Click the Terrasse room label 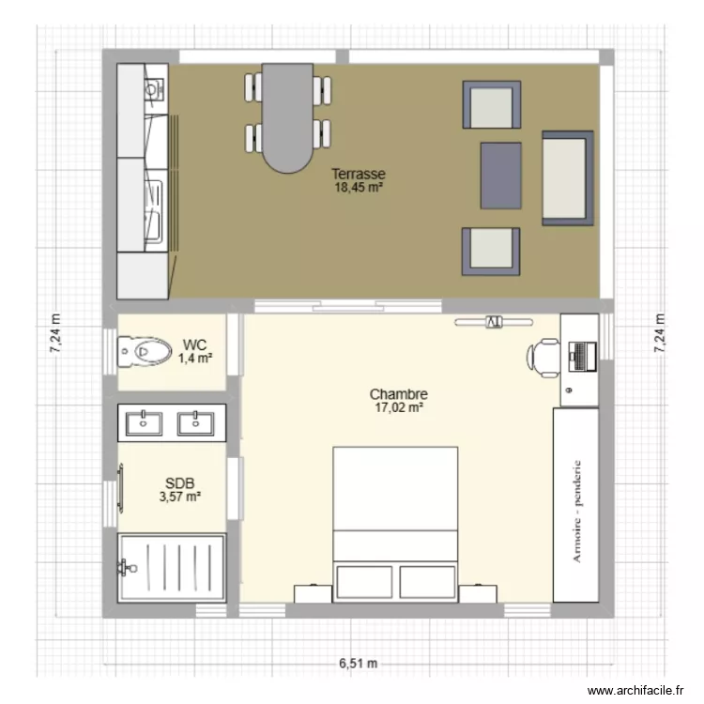click(x=359, y=174)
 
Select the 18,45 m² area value click(x=359, y=187)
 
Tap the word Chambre click(x=399, y=394)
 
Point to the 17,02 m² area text click(x=399, y=407)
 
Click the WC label click(x=195, y=344)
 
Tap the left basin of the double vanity click(x=145, y=422)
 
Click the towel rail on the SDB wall click(x=120, y=488)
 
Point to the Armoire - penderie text click(x=576, y=510)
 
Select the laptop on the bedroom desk click(x=581, y=355)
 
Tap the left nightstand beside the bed click(x=313, y=593)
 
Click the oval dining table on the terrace click(x=287, y=117)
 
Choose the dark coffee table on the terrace click(x=500, y=175)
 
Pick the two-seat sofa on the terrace click(x=567, y=178)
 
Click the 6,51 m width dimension click(x=359, y=664)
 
